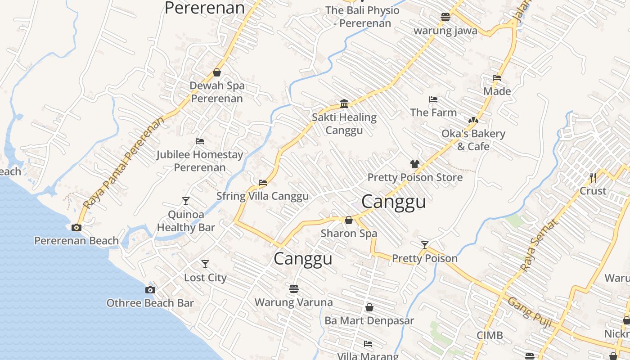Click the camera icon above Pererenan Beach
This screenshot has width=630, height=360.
click(76, 227)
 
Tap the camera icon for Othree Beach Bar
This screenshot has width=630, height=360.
click(150, 290)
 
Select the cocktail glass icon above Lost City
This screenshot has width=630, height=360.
click(205, 264)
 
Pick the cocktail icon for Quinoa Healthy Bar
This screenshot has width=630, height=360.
click(186, 201)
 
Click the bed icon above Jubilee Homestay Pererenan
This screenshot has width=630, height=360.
click(200, 141)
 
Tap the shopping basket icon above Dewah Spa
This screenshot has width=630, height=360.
click(217, 72)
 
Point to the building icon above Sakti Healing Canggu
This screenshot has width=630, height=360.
click(345, 104)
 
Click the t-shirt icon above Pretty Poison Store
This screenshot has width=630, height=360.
click(415, 164)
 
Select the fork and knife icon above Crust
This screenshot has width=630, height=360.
click(593, 177)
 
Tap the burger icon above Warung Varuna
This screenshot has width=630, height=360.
click(294, 288)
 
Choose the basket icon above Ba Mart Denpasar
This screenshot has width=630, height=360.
click(369, 307)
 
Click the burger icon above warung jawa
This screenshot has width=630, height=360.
click(445, 17)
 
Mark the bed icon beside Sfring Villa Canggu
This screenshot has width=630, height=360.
click(263, 183)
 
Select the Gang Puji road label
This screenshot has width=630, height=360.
click(530, 309)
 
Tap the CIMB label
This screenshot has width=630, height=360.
click(490, 336)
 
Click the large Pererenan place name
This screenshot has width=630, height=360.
click(205, 8)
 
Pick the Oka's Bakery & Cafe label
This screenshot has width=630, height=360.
click(473, 140)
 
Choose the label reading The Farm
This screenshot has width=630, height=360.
click(433, 112)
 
